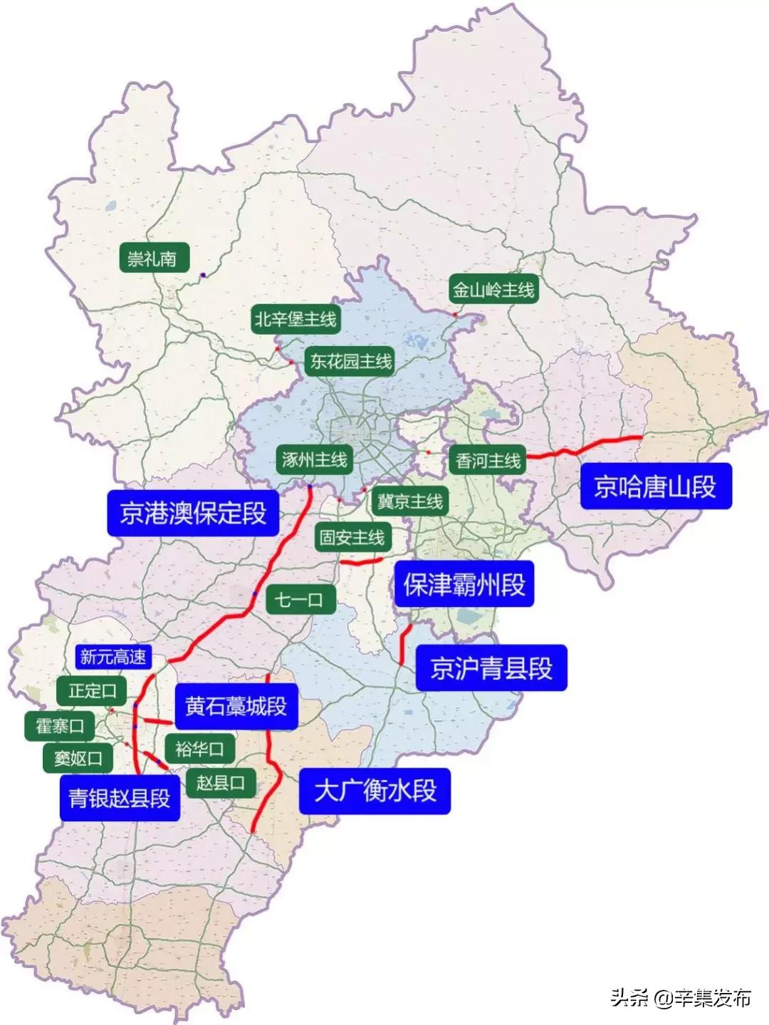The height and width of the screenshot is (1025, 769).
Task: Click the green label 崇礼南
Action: coord(153,258)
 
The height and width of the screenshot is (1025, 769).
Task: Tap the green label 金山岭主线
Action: coord(493,290)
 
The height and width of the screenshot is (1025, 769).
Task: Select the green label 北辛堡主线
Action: coord(295,320)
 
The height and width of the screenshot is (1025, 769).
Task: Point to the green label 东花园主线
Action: coord(350,362)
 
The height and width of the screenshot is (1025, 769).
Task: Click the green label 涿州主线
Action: coord(314,459)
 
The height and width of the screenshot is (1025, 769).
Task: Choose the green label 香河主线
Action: coord(488,461)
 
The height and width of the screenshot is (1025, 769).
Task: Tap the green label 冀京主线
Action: coord(409,501)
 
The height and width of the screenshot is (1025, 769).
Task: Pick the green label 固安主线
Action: coord(352,537)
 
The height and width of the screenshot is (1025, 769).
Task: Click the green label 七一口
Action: coord(298,600)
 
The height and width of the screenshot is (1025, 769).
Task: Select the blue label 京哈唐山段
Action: coord(655,487)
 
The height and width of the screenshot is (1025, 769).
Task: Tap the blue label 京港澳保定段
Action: coord(193,512)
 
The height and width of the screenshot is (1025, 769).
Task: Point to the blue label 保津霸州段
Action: coord(464,585)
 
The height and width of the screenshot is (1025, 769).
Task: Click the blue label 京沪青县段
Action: coord(491,668)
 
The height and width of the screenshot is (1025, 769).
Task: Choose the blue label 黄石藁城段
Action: coord(236,706)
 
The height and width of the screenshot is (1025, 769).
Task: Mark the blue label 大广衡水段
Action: coord(375,791)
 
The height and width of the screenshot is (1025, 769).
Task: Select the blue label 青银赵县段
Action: coord(120,798)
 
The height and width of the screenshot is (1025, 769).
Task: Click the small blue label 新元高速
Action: coord(113,657)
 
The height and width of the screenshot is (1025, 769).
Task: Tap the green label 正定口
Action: coord(93,690)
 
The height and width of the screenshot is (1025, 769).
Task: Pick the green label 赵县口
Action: coord(221,784)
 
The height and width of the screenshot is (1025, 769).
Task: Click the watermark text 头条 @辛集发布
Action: coord(680,998)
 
